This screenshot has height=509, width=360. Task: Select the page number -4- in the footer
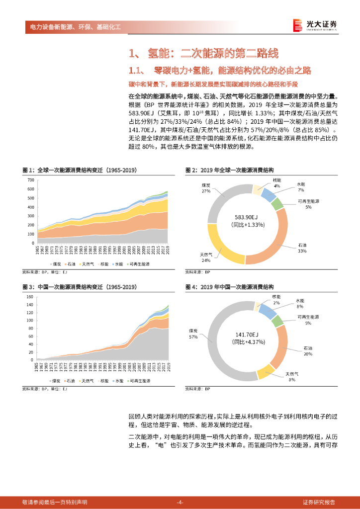pos(180,502)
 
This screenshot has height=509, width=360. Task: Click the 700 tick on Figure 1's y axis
pos(31,180)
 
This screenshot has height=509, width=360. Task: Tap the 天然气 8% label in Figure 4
pos(292,376)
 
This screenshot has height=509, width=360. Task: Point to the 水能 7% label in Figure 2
pos(301,187)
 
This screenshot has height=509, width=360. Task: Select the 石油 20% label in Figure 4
pos(308,351)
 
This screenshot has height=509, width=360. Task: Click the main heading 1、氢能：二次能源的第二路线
pos(203,53)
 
